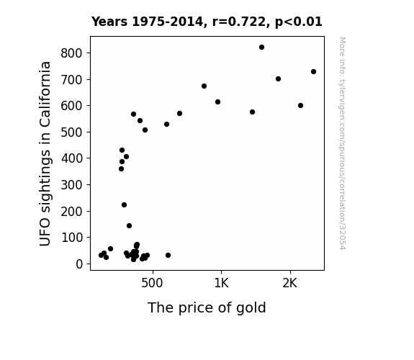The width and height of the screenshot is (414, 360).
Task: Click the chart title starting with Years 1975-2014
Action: pyautogui.click(x=207, y=22)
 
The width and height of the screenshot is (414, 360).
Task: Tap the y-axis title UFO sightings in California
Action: pyautogui.click(x=45, y=153)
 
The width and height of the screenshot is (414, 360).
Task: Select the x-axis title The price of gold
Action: pyautogui.click(x=207, y=308)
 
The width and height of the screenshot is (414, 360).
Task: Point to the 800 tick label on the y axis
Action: pyautogui.click(x=71, y=53)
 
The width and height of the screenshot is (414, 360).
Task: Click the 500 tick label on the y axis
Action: pyautogui.click(x=71, y=132)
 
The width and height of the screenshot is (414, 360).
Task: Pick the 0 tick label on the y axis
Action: pyautogui.click(x=79, y=264)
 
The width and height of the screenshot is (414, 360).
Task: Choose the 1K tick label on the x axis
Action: pyautogui.click(x=221, y=283)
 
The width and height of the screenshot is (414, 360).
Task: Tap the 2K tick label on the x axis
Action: pyautogui.click(x=290, y=283)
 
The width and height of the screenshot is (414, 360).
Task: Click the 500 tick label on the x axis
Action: pyautogui.click(x=152, y=283)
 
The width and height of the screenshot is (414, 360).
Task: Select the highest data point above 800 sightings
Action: pyautogui.click(x=261, y=48)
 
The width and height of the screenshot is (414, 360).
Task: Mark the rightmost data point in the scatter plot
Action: pyautogui.click(x=313, y=71)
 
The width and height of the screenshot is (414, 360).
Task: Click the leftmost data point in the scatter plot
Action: pyautogui.click(x=101, y=255)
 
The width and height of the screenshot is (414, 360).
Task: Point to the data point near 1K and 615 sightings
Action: pyautogui.click(x=218, y=102)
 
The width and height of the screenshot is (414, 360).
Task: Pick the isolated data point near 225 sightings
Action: pyautogui.click(x=124, y=204)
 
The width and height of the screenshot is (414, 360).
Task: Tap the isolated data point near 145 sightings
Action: pyautogui.click(x=129, y=226)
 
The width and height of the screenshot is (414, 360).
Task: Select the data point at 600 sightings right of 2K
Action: pyautogui.click(x=300, y=105)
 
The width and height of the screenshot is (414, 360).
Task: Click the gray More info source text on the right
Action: pyautogui.click(x=343, y=143)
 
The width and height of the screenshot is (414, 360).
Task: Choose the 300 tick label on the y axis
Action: pyautogui.click(x=71, y=185)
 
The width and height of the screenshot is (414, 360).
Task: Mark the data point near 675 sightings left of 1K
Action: pyautogui.click(x=204, y=86)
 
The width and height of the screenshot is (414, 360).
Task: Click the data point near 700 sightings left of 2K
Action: pyautogui.click(x=279, y=79)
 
